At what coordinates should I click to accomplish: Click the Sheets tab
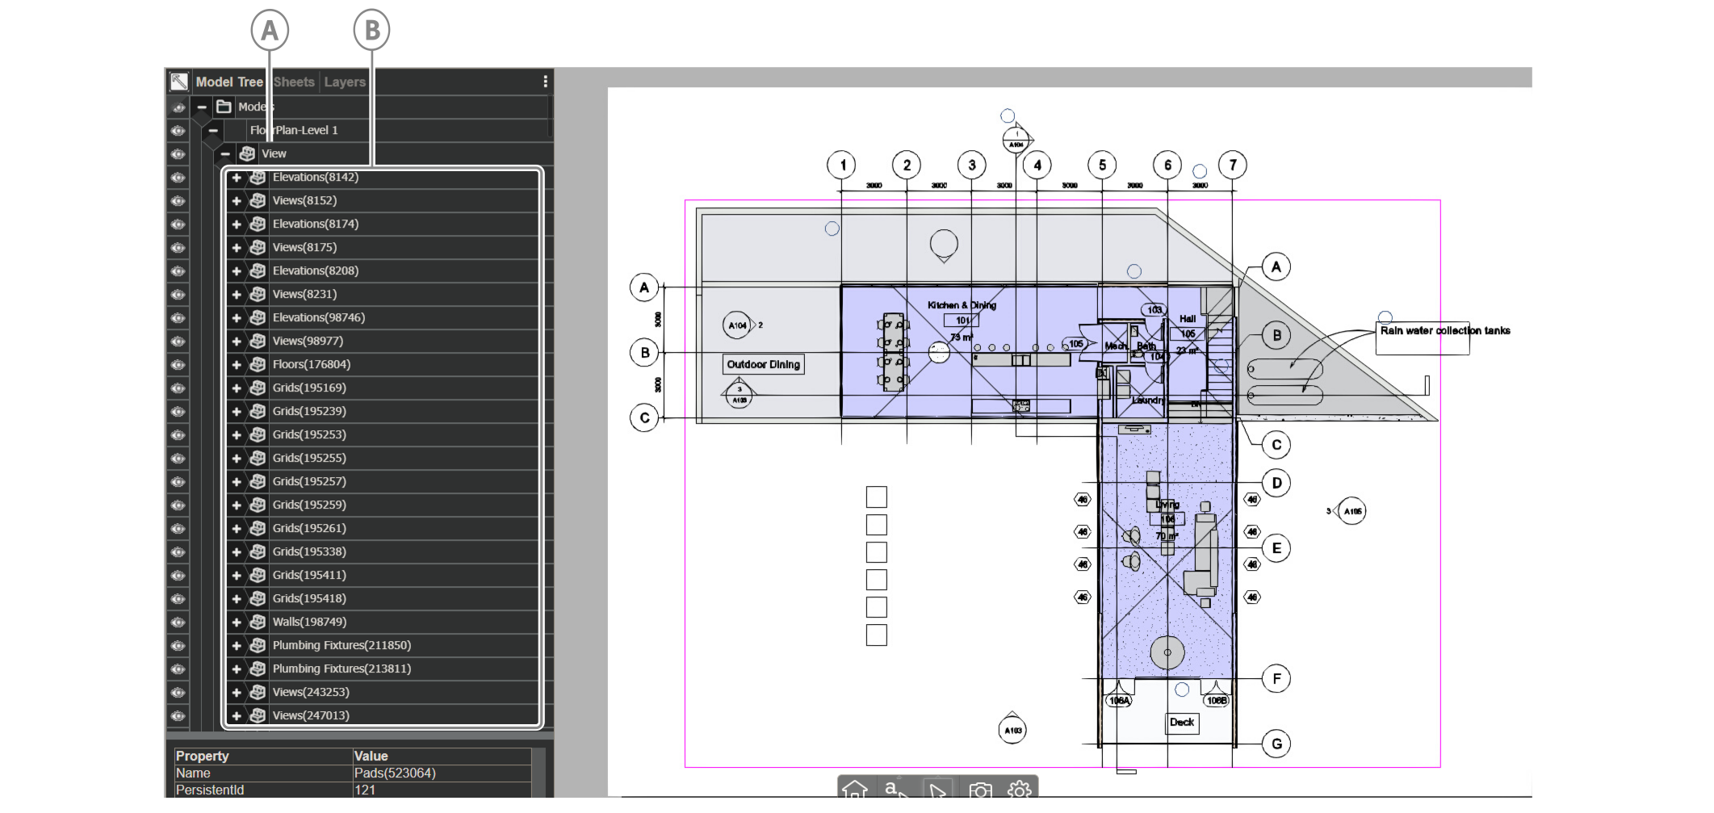(x=294, y=82)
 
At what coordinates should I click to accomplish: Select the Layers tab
(x=345, y=82)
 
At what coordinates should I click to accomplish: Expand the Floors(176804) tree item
(x=237, y=365)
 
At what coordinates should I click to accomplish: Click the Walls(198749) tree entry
(x=309, y=622)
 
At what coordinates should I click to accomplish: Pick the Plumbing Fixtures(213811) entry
(x=342, y=668)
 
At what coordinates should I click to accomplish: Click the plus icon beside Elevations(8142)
(x=237, y=178)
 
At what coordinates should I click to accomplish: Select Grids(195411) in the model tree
(x=309, y=575)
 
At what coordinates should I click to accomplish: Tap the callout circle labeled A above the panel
(x=270, y=31)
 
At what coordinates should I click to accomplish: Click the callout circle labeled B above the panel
(x=371, y=31)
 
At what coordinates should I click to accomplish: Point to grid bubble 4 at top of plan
(x=1037, y=166)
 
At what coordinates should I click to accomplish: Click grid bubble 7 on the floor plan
(x=1233, y=166)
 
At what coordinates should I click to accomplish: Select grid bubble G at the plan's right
(x=1276, y=744)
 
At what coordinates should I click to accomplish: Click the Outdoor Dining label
(x=763, y=365)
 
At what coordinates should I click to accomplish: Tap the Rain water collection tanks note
(x=1444, y=331)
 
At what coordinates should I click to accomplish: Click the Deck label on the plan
(x=1182, y=723)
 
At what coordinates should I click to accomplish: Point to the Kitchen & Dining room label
(x=962, y=305)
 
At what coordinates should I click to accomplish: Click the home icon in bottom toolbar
(x=855, y=789)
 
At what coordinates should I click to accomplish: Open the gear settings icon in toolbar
(x=1020, y=789)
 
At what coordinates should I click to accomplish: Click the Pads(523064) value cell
(x=395, y=773)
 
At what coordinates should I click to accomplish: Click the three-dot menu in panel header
(x=546, y=82)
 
